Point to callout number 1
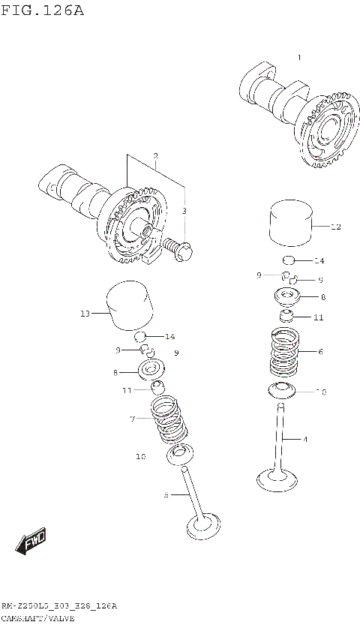click(298, 58)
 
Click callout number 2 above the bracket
click(155, 157)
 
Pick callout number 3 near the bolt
click(184, 212)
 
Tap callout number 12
click(335, 226)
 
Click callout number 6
click(320, 351)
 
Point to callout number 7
click(133, 418)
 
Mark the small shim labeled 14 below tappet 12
click(289, 260)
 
